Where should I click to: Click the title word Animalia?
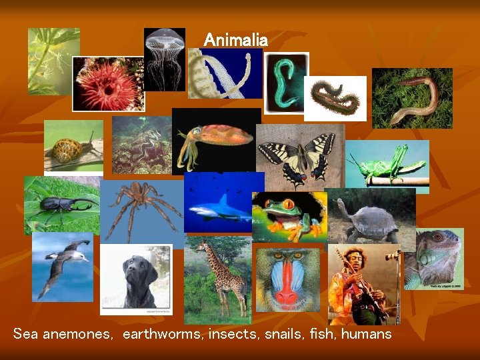coord(235,40)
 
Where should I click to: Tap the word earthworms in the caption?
coord(163,334)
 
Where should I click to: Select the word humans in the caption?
coord(366,334)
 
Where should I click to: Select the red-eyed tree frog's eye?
coord(288,204)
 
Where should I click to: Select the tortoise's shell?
coord(373,220)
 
